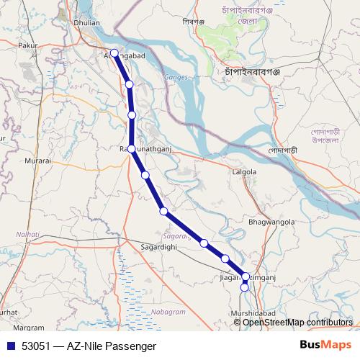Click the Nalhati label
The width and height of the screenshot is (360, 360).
click(x=28, y=234)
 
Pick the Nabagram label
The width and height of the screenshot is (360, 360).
click(x=168, y=311)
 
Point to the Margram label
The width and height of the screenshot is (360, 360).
click(x=29, y=327)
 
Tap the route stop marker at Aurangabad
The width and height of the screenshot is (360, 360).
click(x=114, y=53)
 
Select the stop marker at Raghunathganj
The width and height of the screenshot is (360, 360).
click(x=132, y=148)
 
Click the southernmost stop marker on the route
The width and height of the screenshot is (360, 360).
click(x=245, y=287)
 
